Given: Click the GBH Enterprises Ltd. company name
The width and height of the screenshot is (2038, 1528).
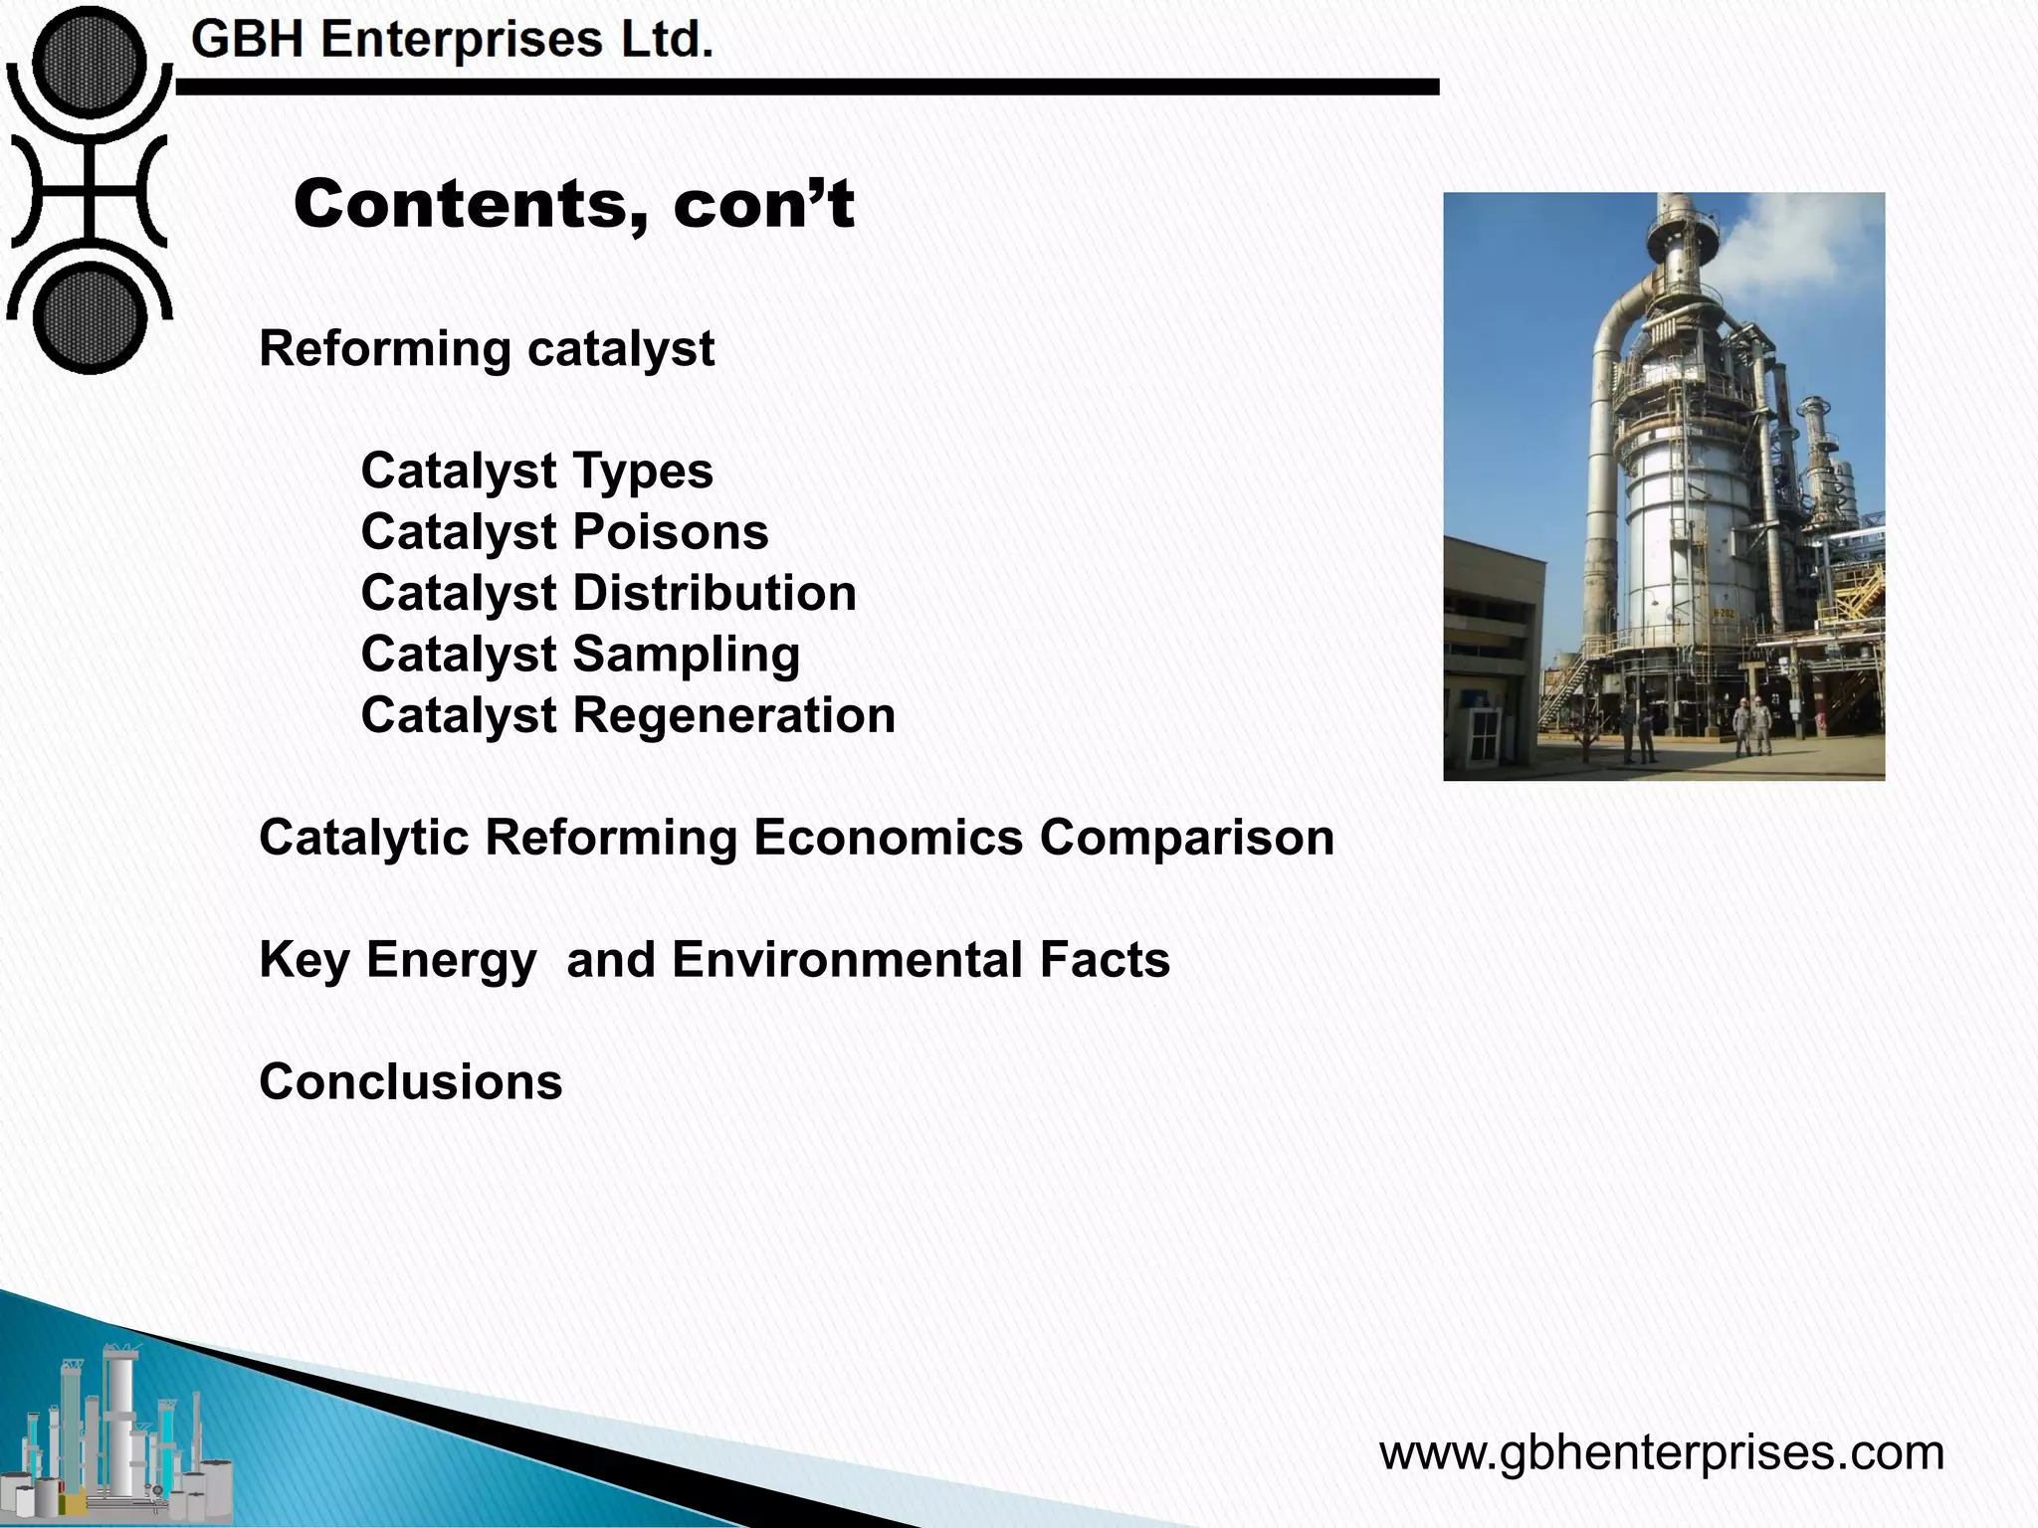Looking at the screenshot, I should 453,41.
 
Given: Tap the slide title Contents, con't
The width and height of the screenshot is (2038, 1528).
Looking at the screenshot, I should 573,204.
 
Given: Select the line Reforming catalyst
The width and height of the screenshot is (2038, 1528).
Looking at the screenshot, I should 487,349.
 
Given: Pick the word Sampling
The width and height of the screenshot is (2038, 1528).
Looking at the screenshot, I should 686,655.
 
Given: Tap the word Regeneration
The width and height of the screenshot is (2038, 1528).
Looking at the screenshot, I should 733,715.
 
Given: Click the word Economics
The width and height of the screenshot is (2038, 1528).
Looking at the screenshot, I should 888,838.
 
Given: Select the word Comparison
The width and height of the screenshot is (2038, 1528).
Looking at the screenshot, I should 1186,838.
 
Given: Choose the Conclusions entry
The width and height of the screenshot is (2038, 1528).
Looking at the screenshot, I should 410,1082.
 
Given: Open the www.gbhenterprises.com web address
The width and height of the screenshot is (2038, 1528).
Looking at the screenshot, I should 1661,1452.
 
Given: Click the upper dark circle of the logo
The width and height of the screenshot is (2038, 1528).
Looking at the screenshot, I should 89,62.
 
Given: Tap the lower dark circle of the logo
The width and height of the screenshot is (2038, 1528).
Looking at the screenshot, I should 89,318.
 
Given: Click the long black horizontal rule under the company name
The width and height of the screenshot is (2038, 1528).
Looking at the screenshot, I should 806,88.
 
